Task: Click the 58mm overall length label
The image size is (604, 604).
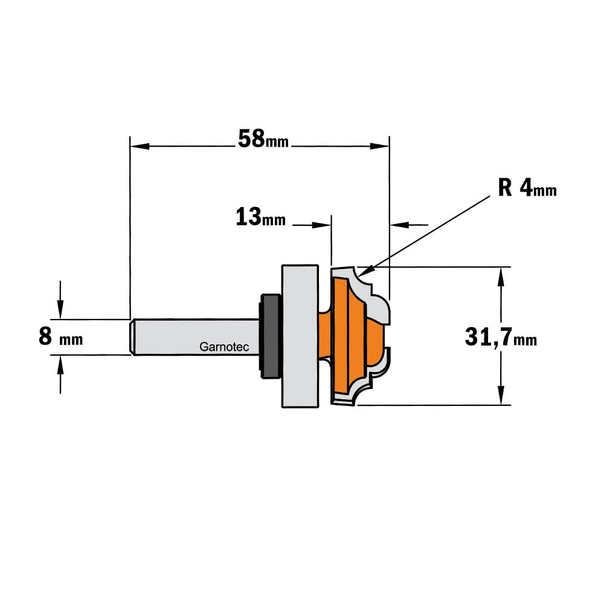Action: (263, 139)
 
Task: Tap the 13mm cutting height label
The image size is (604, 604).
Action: (260, 217)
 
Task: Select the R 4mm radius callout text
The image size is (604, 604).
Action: (527, 188)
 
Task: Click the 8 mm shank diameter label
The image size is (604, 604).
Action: (60, 336)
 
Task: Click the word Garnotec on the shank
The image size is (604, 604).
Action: (224, 347)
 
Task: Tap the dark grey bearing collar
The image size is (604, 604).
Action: (269, 336)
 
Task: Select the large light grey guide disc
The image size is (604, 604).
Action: (300, 336)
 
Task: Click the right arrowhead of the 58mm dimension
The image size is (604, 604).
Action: (379, 146)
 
